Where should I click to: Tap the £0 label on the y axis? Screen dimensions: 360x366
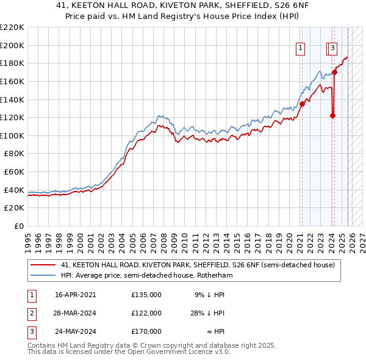coord(20,226)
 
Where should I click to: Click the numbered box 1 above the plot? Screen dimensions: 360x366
coord(301,48)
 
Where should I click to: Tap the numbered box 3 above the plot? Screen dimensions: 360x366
coord(333,48)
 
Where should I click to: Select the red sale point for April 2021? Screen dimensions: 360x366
coord(302,104)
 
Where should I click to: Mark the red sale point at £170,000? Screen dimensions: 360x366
coord(334,72)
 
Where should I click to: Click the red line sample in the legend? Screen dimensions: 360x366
coord(43,265)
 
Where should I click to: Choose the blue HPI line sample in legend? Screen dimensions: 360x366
coord(43,276)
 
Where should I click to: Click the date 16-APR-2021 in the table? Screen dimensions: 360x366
coord(75,294)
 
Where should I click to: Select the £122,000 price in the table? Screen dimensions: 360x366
coord(146,313)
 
